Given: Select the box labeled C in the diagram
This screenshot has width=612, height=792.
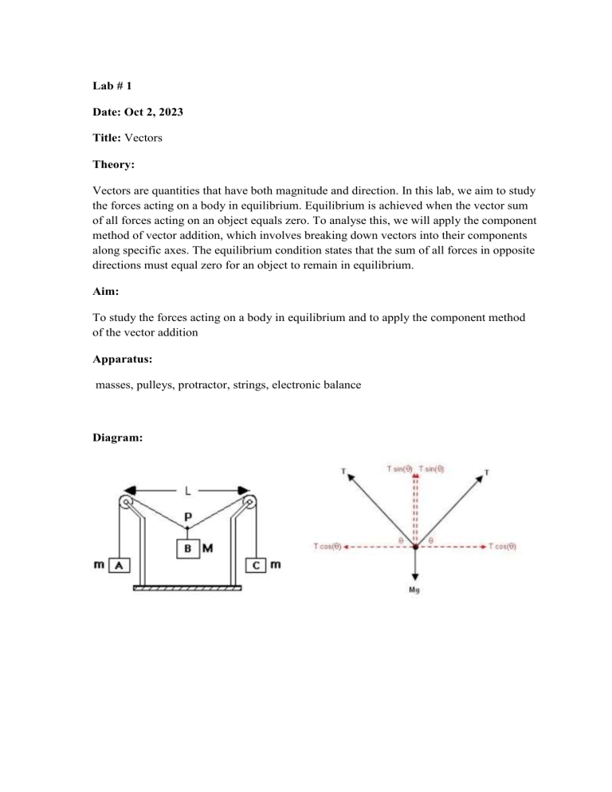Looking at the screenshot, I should [x=256, y=565].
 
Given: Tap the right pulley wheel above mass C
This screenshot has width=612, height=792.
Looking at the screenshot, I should [x=251, y=504].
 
